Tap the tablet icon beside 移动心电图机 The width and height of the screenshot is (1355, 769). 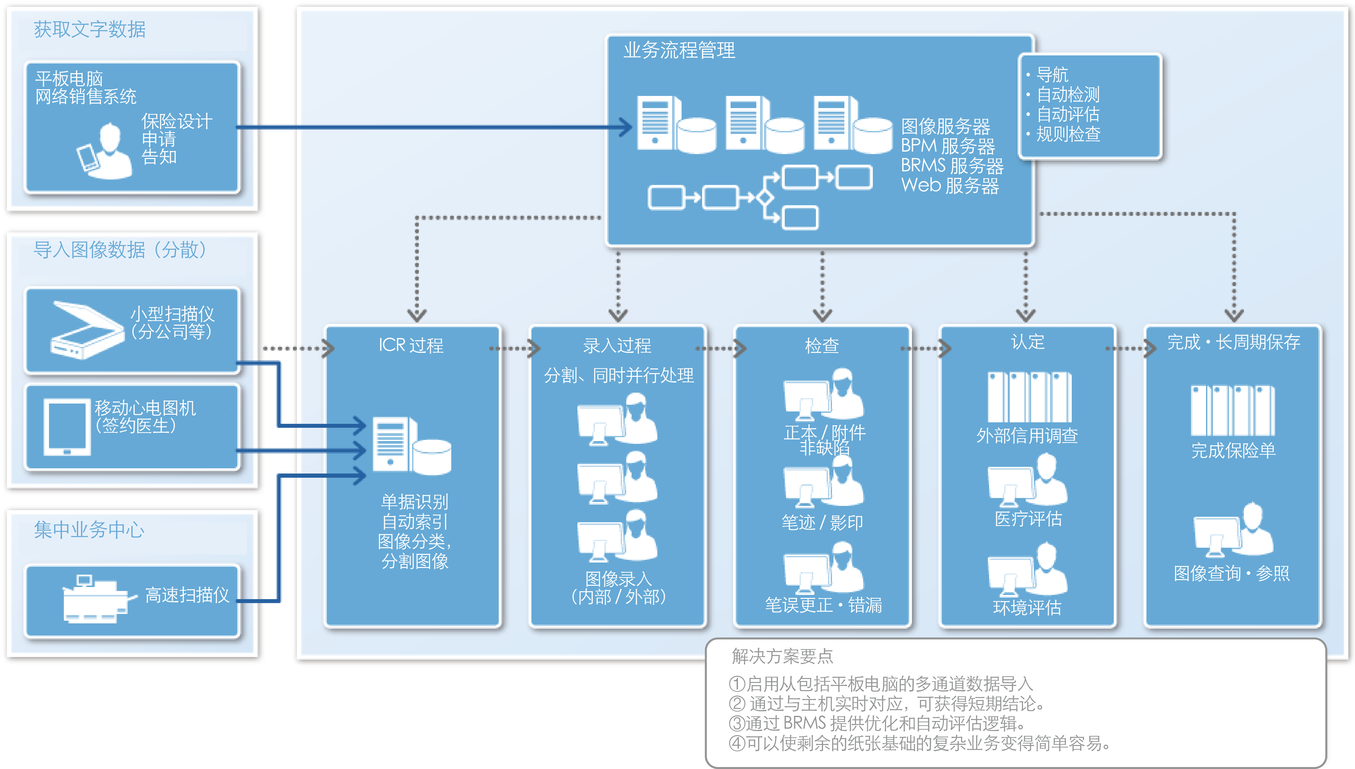(x=67, y=427)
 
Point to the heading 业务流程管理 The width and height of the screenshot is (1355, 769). (x=679, y=51)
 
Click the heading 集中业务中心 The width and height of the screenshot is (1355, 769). (x=89, y=530)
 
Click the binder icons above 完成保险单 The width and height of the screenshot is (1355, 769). (x=1233, y=410)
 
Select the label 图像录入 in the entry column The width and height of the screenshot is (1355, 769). (x=618, y=579)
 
